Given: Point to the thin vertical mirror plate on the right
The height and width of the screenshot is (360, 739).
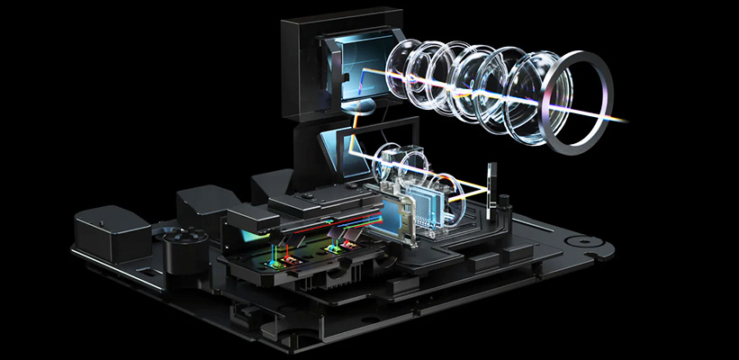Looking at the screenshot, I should point(491,191).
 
